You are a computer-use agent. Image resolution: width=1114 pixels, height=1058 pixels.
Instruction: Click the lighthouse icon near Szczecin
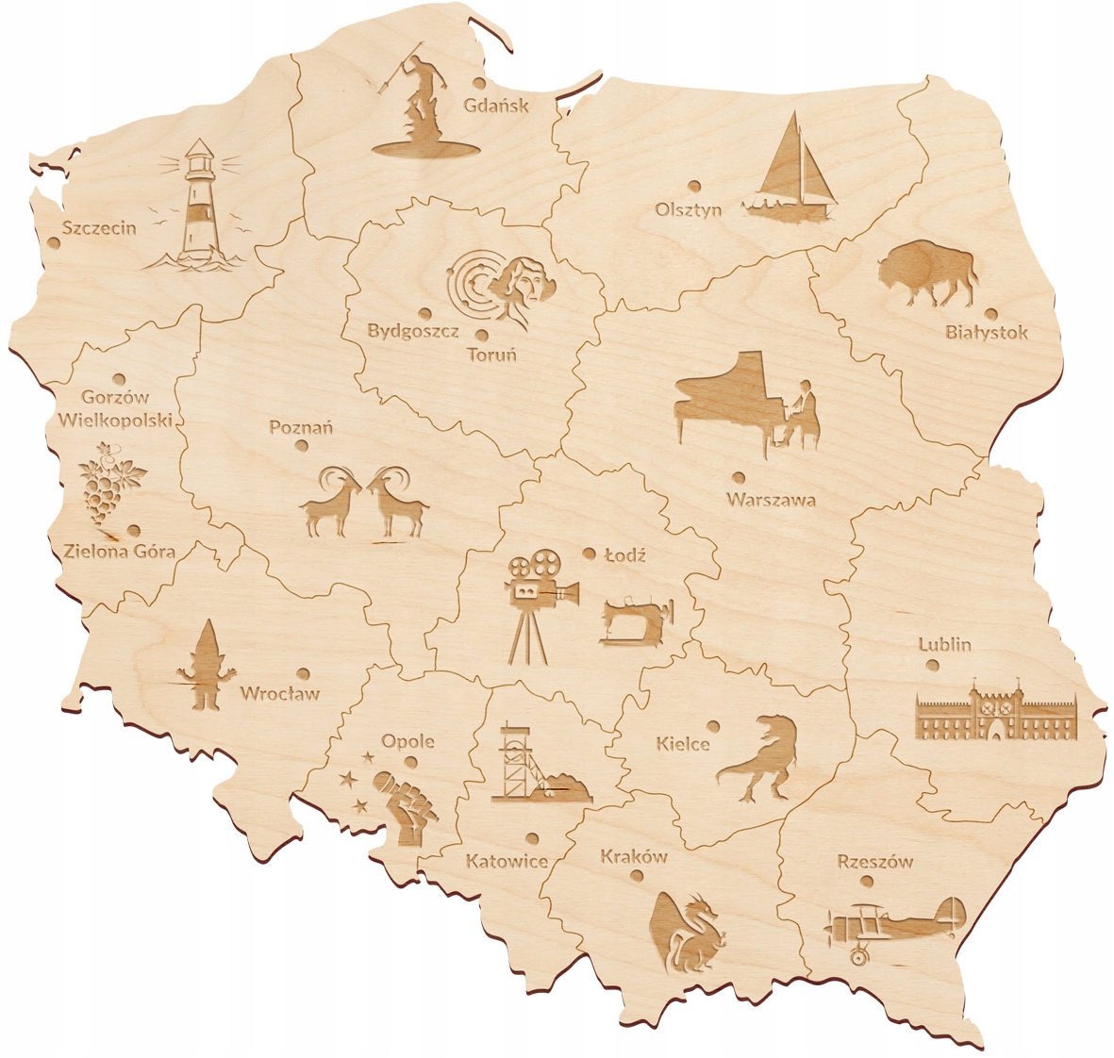[x=196, y=207]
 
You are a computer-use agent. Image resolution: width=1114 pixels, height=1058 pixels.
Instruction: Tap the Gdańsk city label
[x=495, y=105]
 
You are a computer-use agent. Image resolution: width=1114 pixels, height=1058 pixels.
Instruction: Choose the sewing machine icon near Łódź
[x=637, y=620]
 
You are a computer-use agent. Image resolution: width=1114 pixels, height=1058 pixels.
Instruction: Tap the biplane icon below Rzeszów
[x=894, y=925]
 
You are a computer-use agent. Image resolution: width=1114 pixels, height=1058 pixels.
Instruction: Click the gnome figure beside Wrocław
[x=204, y=666]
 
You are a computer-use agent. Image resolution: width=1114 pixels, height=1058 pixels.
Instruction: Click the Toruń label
[x=491, y=355]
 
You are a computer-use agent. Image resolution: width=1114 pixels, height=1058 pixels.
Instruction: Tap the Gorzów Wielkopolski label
[x=115, y=408]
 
